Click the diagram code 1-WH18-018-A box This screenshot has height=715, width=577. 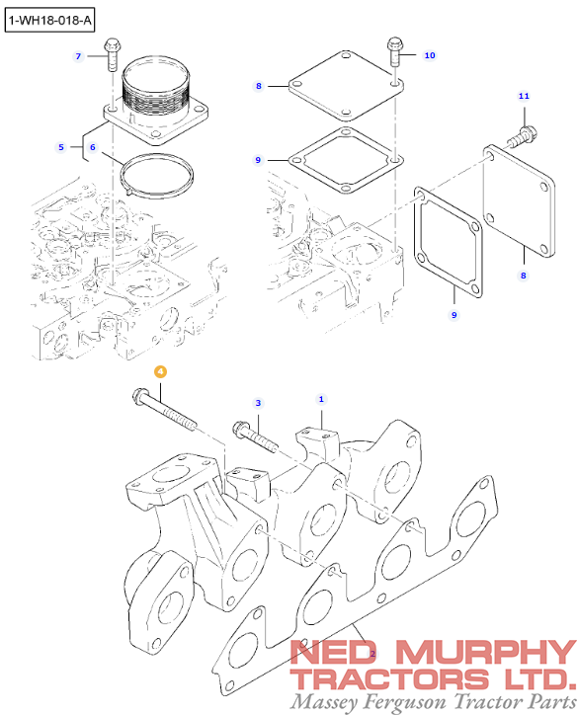click(x=49, y=20)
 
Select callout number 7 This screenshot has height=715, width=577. click(x=78, y=56)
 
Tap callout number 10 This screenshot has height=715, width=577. click(x=430, y=55)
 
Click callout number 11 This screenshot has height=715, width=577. click(x=524, y=96)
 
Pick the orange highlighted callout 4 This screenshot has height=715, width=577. click(x=160, y=371)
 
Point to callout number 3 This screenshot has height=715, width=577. click(x=258, y=403)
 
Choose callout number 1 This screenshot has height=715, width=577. click(x=321, y=399)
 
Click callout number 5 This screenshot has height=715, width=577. click(x=61, y=147)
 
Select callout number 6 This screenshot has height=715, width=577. click(x=93, y=147)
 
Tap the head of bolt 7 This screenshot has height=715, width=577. click(x=112, y=44)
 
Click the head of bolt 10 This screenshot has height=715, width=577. click(x=394, y=43)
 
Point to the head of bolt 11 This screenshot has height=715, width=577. click(x=530, y=133)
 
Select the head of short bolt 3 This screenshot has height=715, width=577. click(x=239, y=428)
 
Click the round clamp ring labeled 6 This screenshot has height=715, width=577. click(x=156, y=176)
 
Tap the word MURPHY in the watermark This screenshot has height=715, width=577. click(x=486, y=652)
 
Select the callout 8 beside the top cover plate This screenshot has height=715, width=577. click(x=259, y=86)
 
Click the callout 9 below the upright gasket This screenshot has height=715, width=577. click(x=453, y=315)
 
